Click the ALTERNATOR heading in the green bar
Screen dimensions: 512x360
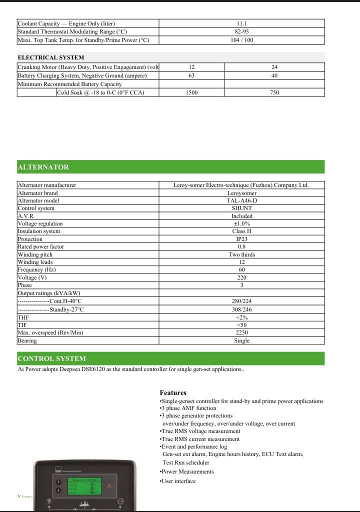[43, 167]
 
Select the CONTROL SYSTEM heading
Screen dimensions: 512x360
[51, 358]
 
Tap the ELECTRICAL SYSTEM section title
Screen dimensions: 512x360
[50, 57]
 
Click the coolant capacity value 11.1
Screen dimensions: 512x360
[241, 23]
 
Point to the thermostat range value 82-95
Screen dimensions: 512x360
[241, 31]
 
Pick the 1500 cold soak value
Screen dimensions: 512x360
[191, 92]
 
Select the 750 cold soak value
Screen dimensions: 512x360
[274, 92]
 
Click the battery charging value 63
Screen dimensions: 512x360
[191, 75]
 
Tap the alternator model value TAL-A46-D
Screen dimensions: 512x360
[241, 200]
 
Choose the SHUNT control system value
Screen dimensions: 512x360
[241, 208]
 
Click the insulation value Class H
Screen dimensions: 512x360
[241, 231]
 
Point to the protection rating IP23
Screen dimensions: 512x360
[241, 239]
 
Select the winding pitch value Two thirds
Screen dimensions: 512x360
[241, 254]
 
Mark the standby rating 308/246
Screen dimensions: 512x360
[241, 309]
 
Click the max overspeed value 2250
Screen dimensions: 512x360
[241, 332]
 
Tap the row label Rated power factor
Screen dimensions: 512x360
[40, 246]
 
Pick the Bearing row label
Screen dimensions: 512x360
[27, 340]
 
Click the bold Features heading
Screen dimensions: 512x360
[173, 393]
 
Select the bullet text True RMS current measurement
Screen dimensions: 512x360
[199, 439]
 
